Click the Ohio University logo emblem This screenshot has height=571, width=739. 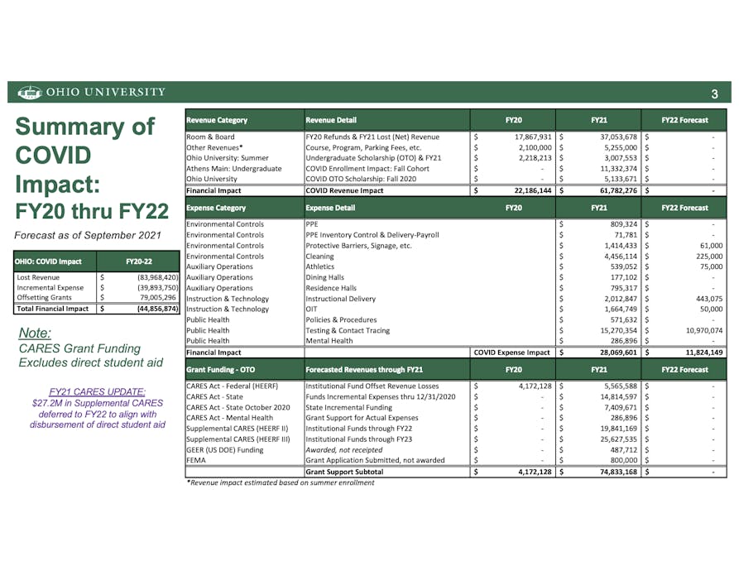click(29, 92)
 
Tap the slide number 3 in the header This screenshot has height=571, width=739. click(714, 93)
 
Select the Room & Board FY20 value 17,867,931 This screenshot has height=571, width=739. click(527, 137)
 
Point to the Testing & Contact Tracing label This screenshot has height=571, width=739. click(347, 330)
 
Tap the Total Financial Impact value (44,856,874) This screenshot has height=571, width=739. click(149, 309)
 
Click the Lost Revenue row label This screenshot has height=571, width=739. click(38, 277)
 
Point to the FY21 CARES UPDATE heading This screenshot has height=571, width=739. click(98, 391)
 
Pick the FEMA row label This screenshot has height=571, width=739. click(196, 459)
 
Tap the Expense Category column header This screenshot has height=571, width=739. click(216, 208)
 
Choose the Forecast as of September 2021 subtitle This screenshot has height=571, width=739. click(87, 233)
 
